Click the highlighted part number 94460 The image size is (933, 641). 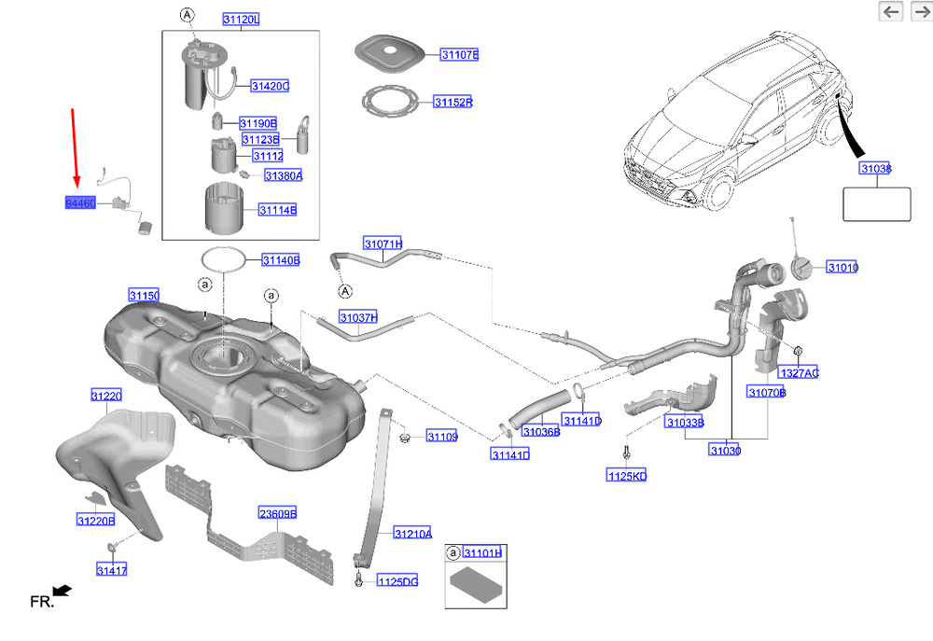pyautogui.click(x=80, y=203)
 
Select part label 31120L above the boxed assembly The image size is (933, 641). pyautogui.click(x=241, y=20)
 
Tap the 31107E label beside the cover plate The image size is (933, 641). pyautogui.click(x=460, y=55)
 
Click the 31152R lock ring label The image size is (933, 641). pyautogui.click(x=453, y=103)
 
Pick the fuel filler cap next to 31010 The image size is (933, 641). pyautogui.click(x=801, y=268)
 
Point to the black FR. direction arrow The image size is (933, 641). pyautogui.click(x=63, y=591)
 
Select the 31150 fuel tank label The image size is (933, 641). pyautogui.click(x=144, y=296)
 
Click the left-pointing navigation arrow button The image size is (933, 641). pyautogui.click(x=891, y=11)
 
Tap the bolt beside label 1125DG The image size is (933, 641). pyautogui.click(x=359, y=579)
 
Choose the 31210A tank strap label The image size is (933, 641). pyautogui.click(x=413, y=534)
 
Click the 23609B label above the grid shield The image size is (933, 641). pyautogui.click(x=277, y=513)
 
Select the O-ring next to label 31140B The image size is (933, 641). pyautogui.click(x=224, y=259)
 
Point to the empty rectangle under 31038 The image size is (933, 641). pyautogui.click(x=876, y=204)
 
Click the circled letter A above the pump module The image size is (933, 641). pyautogui.click(x=187, y=15)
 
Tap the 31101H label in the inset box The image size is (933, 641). pyautogui.click(x=482, y=553)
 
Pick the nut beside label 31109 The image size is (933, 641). pyautogui.click(x=404, y=439)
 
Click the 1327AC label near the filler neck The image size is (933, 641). pyautogui.click(x=800, y=373)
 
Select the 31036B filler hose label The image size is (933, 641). pyautogui.click(x=541, y=431)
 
